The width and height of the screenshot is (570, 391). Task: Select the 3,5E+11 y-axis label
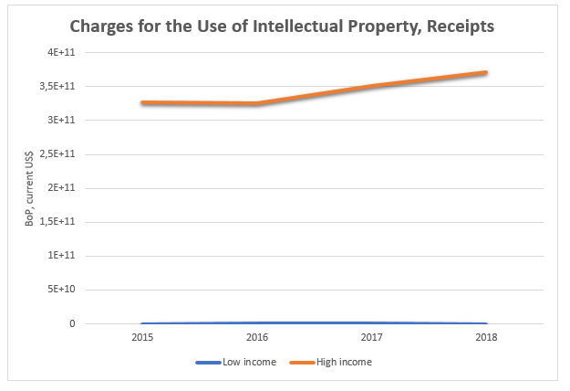[62, 87]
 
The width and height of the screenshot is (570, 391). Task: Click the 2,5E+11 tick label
[62, 153]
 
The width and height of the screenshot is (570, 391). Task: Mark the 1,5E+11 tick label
[62, 221]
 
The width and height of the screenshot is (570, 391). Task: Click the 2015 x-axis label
[141, 337]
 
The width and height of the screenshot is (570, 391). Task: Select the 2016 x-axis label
[256, 337]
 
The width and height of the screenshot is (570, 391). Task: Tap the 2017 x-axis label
[371, 337]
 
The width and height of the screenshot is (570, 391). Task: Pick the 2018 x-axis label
[486, 337]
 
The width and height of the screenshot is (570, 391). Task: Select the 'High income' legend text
[346, 363]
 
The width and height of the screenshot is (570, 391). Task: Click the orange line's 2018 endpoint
[486, 72]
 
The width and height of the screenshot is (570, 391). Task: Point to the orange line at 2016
[256, 104]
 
